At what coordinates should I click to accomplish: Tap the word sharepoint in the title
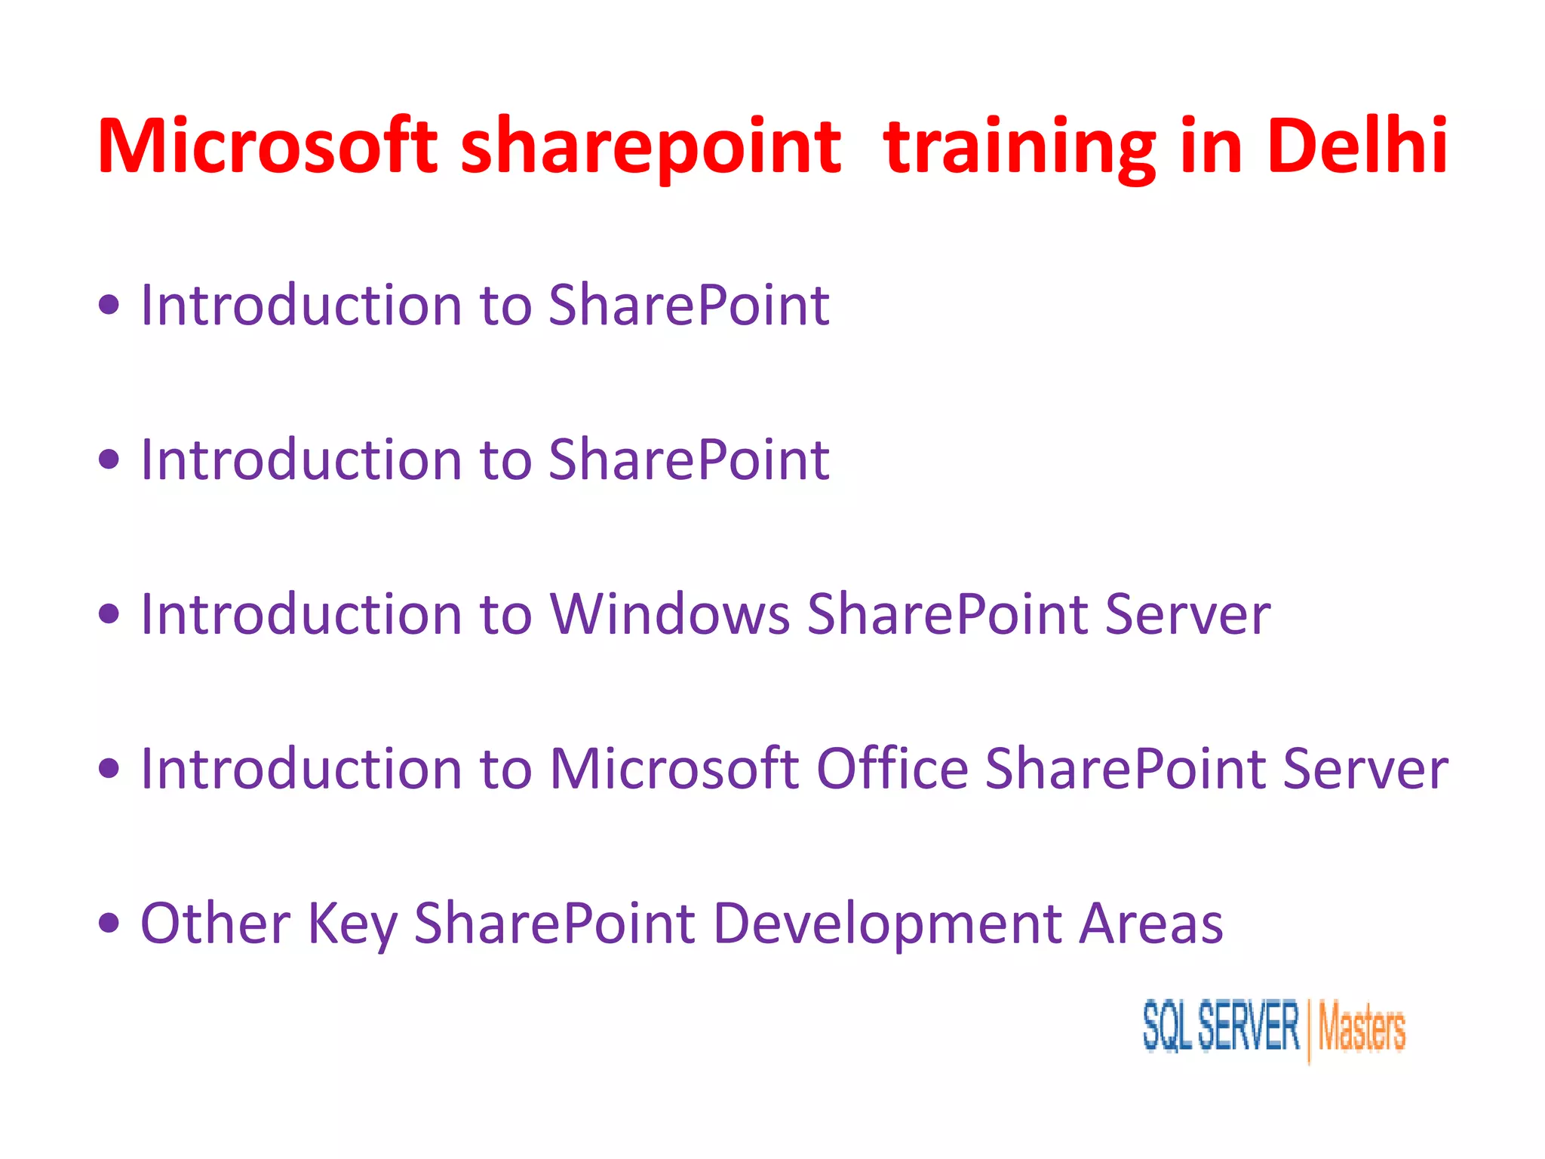point(650,148)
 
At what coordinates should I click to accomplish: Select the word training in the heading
point(1018,148)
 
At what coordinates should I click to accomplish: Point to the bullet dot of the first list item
point(109,305)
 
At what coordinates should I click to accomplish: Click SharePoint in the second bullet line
point(689,460)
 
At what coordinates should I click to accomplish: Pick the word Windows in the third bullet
point(670,613)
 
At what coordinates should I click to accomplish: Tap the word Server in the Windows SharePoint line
point(1187,613)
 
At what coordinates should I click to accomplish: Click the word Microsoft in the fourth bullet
point(674,768)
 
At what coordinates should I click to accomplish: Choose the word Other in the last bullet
point(216,923)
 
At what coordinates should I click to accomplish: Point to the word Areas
point(1150,923)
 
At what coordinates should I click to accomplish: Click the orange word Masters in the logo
point(1361,1028)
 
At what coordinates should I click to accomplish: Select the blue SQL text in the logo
point(1166,1026)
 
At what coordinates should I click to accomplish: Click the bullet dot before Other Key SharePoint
point(109,922)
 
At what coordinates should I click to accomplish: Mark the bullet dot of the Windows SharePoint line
point(109,613)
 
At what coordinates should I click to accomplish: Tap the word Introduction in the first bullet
point(301,305)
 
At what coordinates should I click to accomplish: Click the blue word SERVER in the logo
point(1249,1025)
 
